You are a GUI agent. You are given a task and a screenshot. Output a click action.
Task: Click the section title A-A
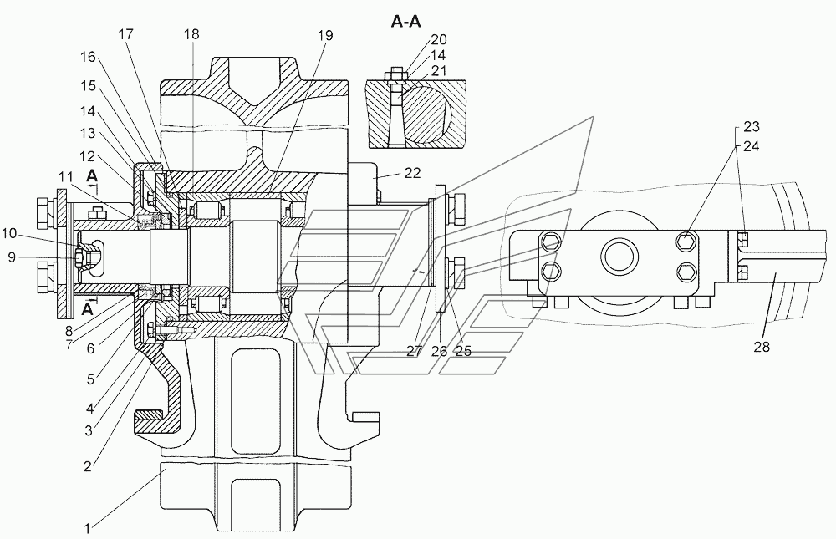[x=406, y=22]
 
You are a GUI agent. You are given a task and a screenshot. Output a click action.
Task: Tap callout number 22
[x=413, y=173]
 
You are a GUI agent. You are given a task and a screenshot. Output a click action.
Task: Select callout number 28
[x=762, y=347]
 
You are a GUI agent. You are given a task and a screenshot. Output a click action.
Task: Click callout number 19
[x=325, y=35]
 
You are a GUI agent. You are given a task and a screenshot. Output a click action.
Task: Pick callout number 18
[x=191, y=34]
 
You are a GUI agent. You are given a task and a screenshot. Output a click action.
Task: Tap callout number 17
[x=126, y=34]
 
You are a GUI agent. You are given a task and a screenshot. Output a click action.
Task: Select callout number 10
[x=9, y=233]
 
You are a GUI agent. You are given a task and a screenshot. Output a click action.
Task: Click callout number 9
[x=11, y=258]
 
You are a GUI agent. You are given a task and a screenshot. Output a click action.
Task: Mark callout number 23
[x=752, y=127]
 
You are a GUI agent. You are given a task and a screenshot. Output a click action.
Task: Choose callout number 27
[x=415, y=351]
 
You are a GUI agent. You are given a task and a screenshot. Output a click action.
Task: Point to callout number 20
[x=439, y=39]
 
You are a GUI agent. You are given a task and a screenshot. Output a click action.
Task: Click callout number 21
[x=439, y=70]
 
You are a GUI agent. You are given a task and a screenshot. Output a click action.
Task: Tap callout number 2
[x=88, y=466]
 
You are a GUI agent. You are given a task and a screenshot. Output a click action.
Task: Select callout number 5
[x=90, y=379]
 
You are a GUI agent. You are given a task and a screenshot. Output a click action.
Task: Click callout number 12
[x=88, y=156]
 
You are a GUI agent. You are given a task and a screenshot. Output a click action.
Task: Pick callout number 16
[x=88, y=57]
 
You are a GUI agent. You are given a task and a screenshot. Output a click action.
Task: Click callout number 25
[x=463, y=351]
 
